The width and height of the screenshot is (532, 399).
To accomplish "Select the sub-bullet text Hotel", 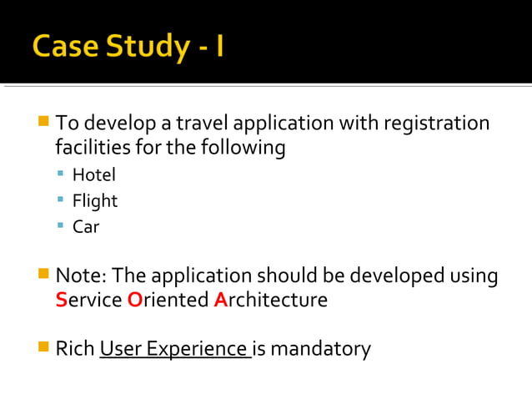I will pyautogui.click(x=93, y=175).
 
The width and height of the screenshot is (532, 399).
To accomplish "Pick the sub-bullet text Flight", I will pyautogui.click(x=95, y=201).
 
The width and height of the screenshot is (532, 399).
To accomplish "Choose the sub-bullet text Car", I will pyautogui.click(x=86, y=226).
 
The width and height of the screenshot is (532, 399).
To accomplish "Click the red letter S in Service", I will pyautogui.click(x=60, y=301).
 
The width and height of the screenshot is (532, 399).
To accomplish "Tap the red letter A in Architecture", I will pyautogui.click(x=220, y=301).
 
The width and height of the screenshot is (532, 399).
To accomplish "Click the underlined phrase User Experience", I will pyautogui.click(x=173, y=348).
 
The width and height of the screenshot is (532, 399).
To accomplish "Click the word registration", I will pyautogui.click(x=436, y=124).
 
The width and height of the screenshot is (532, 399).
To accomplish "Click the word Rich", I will pyautogui.click(x=74, y=348).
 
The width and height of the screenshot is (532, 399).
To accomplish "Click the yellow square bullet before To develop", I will pyautogui.click(x=43, y=124).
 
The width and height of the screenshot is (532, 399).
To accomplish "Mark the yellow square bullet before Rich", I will pyautogui.click(x=43, y=346).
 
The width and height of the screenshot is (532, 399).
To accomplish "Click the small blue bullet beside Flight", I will pyautogui.click(x=61, y=200).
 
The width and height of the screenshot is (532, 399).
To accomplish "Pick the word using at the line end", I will pyautogui.click(x=474, y=275).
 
